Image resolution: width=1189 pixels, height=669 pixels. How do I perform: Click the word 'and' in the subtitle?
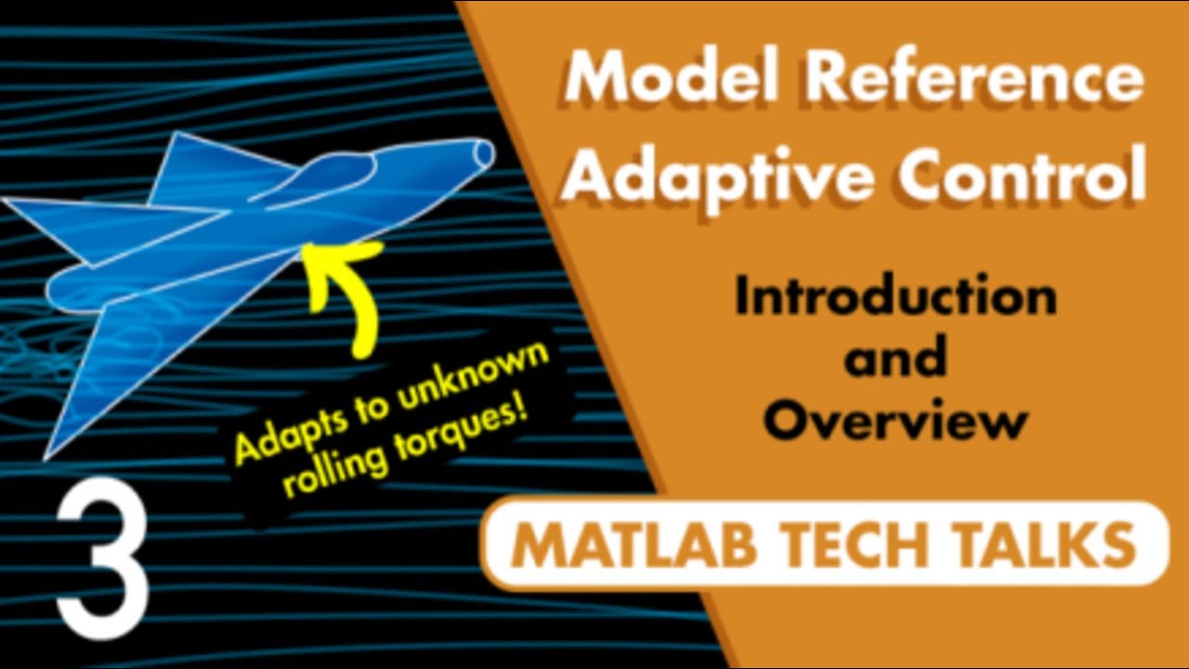[895, 359]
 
